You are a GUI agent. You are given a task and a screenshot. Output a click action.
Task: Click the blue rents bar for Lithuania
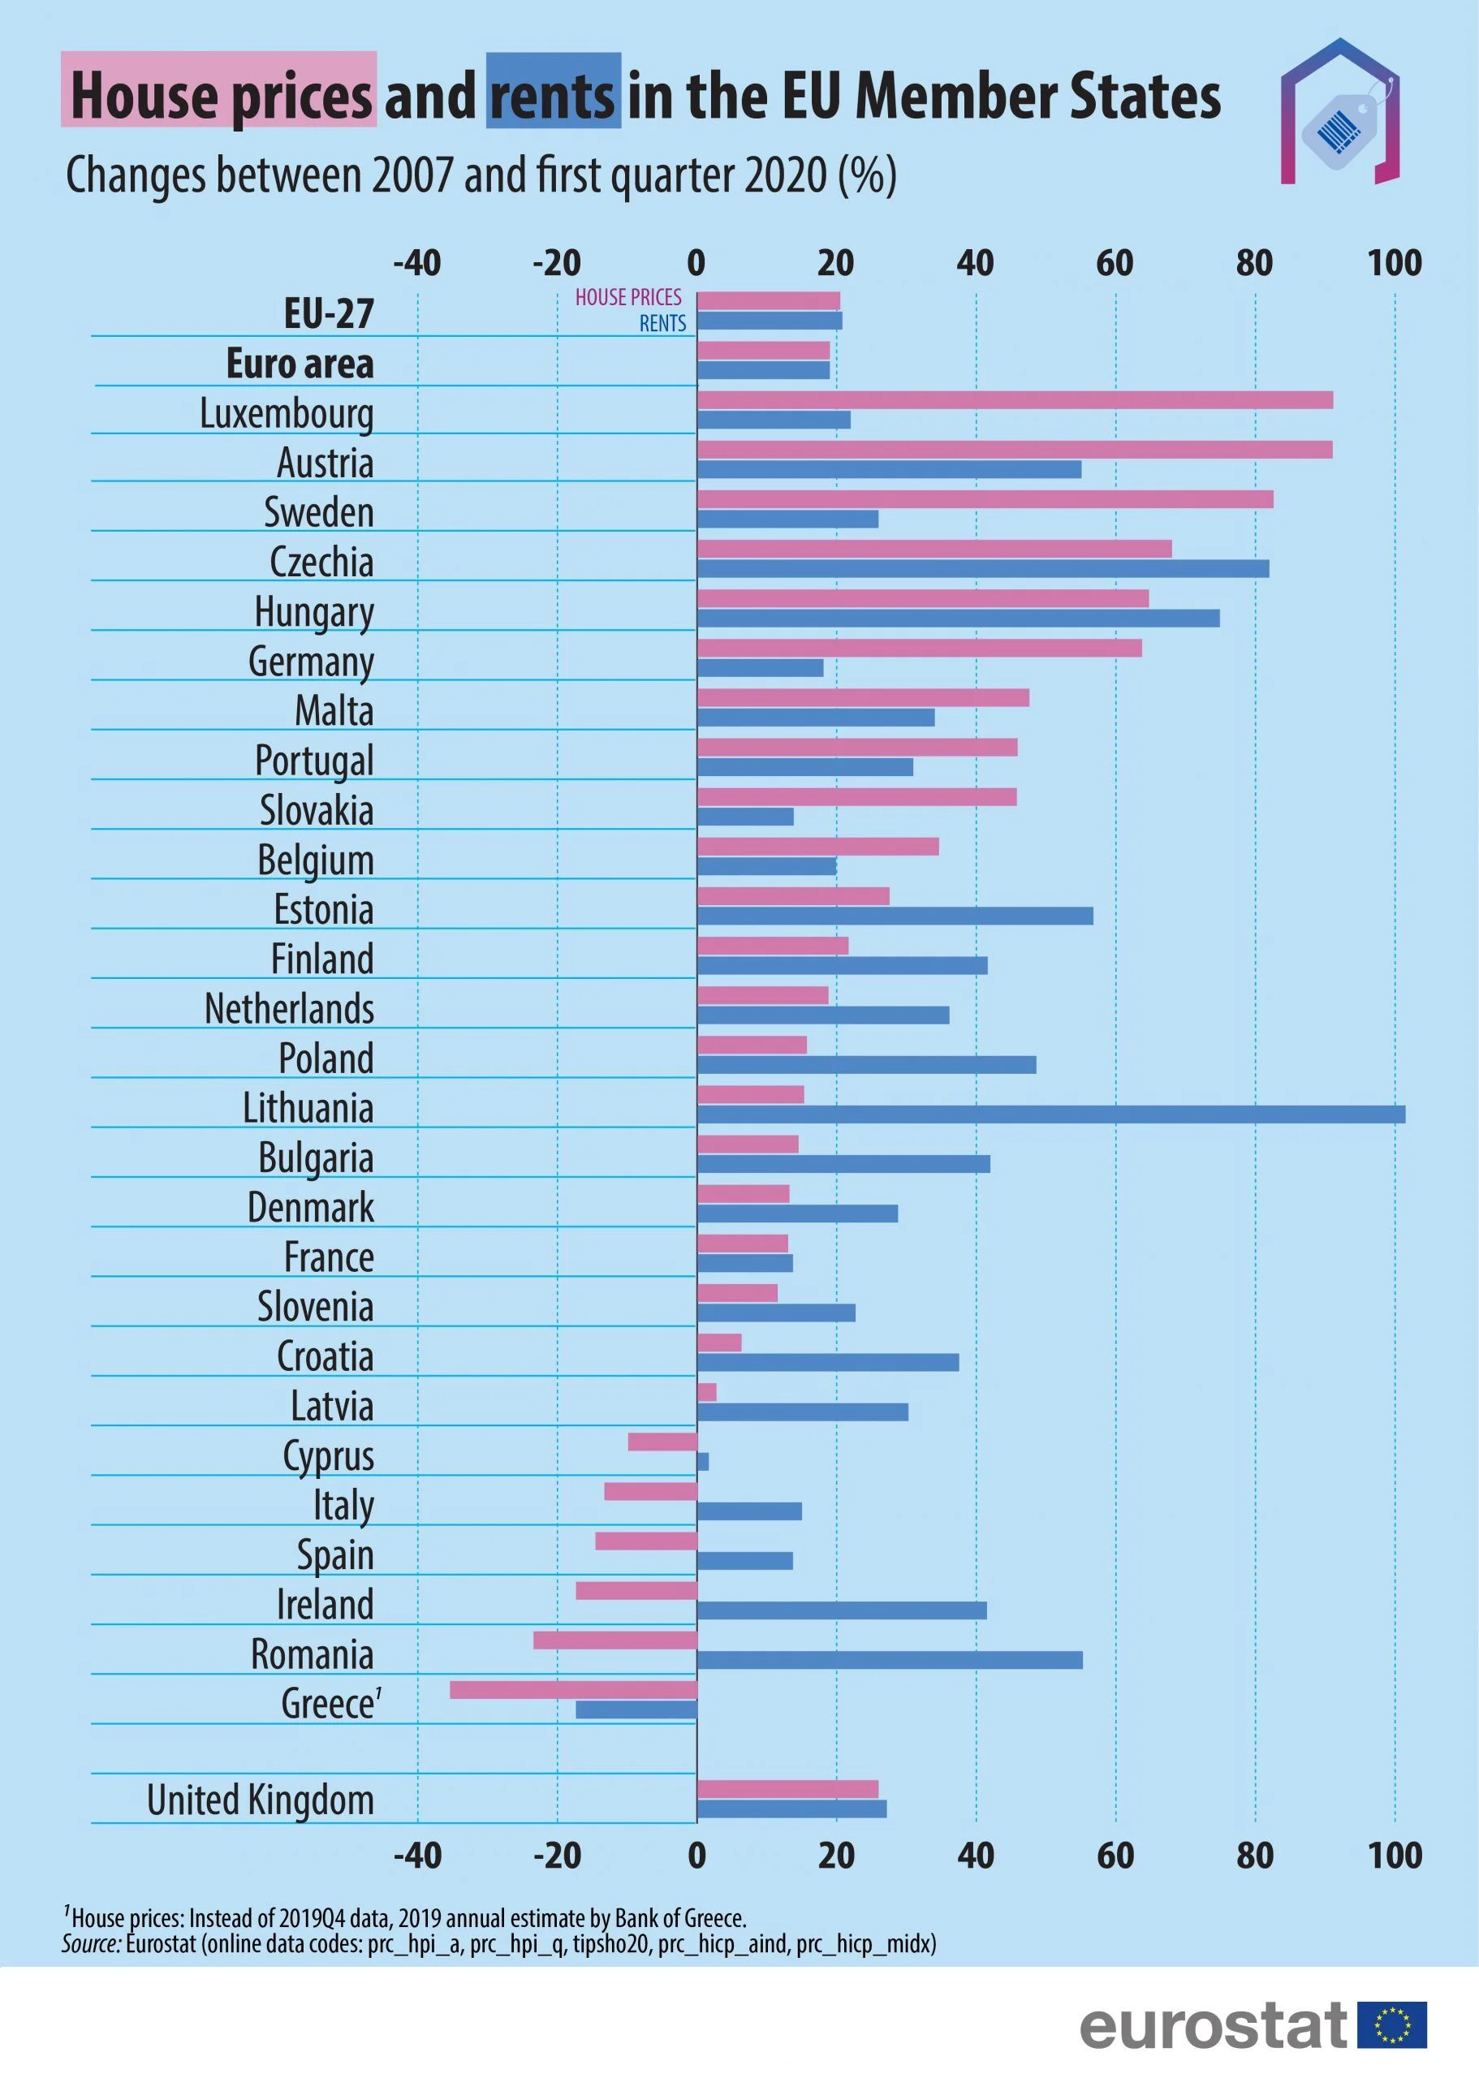point(1050,1114)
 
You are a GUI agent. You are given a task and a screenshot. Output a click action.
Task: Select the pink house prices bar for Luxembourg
point(1015,399)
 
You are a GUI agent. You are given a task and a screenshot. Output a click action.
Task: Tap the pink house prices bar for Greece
point(573,1689)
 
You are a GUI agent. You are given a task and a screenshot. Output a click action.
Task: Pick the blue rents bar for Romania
point(889,1659)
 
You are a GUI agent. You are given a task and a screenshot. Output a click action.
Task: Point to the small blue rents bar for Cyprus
point(702,1462)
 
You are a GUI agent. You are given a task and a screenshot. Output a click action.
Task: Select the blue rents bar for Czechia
point(983,568)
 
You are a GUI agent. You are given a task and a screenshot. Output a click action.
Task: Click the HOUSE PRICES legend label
point(627,298)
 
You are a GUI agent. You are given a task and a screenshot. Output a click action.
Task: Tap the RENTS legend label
point(662,323)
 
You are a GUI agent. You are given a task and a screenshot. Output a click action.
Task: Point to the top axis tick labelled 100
point(1394,263)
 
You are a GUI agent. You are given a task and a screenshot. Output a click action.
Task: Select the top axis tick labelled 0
point(696,263)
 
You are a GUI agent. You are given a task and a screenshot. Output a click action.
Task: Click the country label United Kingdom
point(261,1800)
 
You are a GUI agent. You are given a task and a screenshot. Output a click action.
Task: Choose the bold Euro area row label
point(300,364)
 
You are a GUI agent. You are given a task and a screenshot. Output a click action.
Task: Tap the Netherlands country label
point(289,1008)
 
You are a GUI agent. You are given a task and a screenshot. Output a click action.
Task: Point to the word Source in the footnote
point(91,1943)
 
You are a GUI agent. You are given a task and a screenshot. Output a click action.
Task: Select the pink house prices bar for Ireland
point(636,1590)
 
